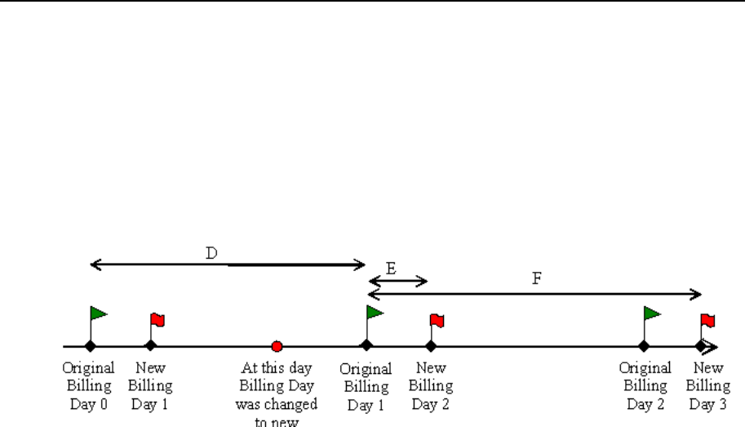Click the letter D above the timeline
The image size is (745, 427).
(211, 253)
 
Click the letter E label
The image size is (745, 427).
(391, 268)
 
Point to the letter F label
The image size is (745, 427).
(536, 278)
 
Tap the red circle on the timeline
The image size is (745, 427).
(277, 346)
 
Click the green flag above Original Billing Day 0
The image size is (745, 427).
(98, 313)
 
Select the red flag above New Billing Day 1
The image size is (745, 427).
(157, 319)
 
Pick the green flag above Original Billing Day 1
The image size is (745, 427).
(375, 312)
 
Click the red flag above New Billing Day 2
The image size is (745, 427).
(437, 319)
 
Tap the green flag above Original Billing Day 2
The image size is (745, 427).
(651, 313)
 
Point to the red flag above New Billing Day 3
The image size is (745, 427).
(707, 319)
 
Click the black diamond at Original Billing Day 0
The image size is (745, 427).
(91, 345)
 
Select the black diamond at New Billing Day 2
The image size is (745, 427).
(431, 345)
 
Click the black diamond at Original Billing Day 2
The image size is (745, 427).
(644, 345)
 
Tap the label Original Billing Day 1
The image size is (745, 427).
(366, 385)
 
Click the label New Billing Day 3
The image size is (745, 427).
(707, 385)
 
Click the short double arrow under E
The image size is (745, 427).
(397, 282)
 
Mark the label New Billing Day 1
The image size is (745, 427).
(150, 384)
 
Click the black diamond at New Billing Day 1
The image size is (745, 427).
(150, 345)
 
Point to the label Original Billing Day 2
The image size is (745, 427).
(645, 385)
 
